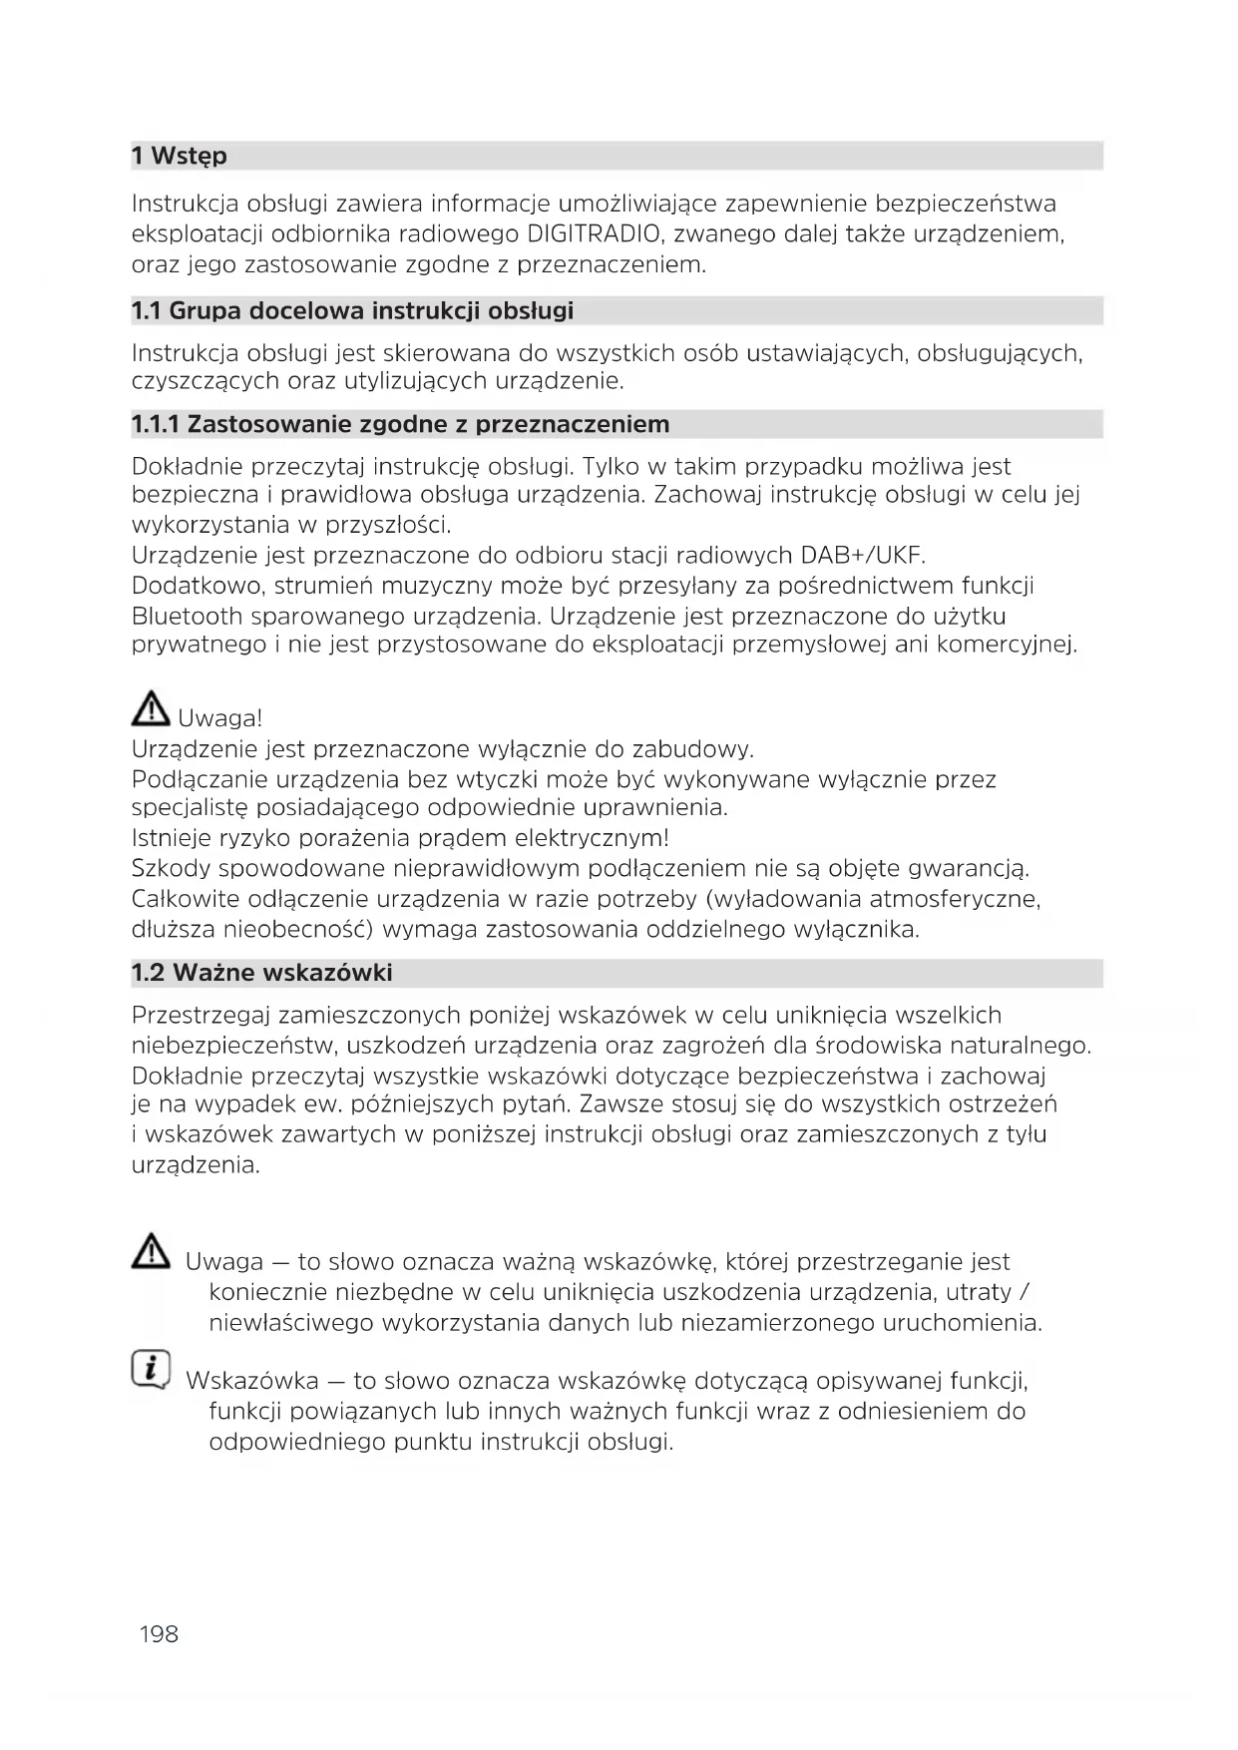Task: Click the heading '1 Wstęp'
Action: pyautogui.click(x=180, y=156)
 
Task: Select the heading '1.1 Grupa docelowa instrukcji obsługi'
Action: pyautogui.click(x=352, y=310)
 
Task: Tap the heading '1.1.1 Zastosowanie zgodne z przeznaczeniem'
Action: pyautogui.click(x=400, y=424)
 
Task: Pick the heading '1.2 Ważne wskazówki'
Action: pyautogui.click(x=261, y=972)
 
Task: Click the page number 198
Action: pyautogui.click(x=159, y=1633)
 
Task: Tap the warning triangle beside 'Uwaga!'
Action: pyautogui.click(x=151, y=709)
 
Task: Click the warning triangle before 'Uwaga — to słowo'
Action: pyautogui.click(x=151, y=1252)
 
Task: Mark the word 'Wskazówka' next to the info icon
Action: pyautogui.click(x=252, y=1381)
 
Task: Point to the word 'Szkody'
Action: pyautogui.click(x=171, y=868)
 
